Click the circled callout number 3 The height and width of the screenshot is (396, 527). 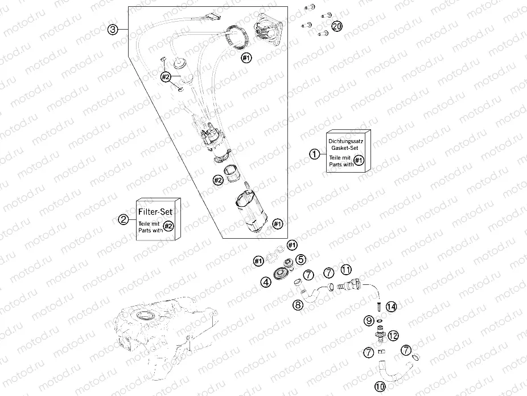click(114, 30)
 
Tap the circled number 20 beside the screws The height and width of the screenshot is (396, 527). click(337, 26)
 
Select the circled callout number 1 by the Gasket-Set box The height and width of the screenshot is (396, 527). click(314, 153)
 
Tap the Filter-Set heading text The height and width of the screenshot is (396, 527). click(157, 210)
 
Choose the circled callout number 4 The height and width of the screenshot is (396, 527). click(266, 281)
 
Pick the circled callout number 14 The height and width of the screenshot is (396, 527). click(391, 306)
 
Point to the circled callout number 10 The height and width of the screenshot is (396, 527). click(380, 386)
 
